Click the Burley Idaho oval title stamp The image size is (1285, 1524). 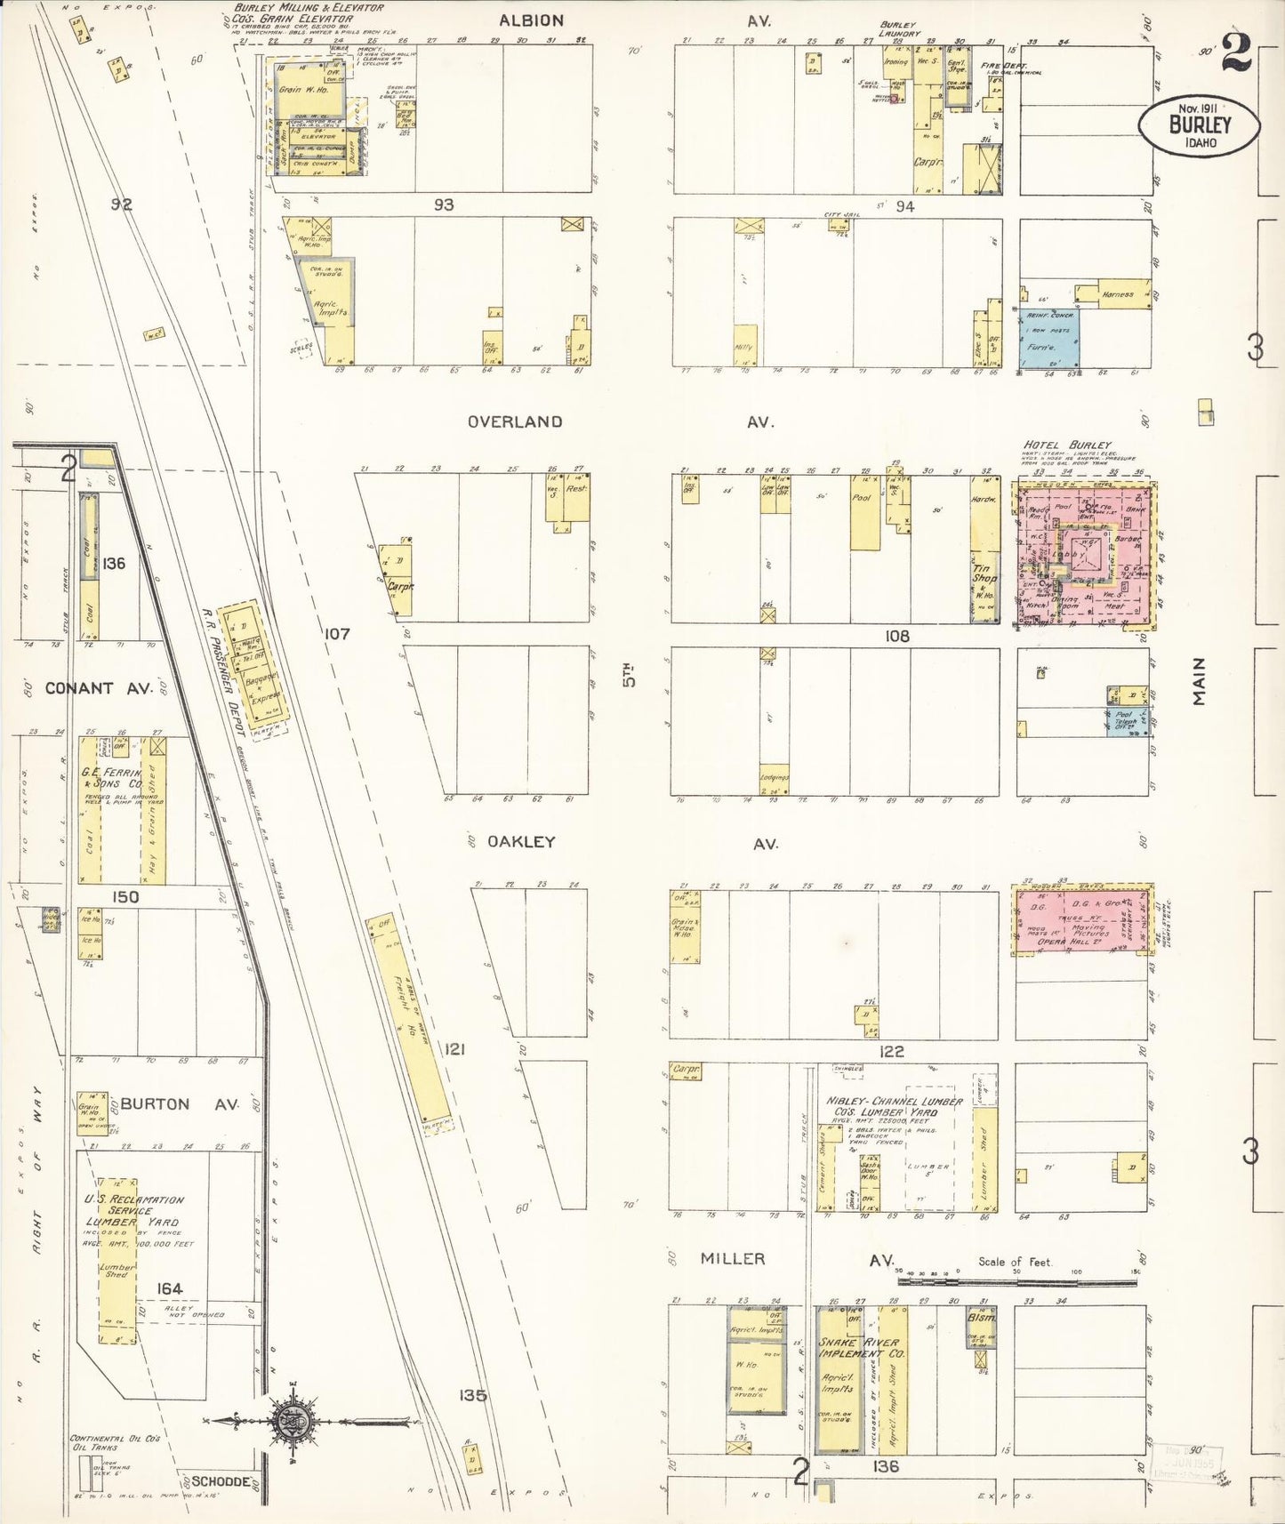tap(1199, 125)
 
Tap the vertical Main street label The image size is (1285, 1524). tap(1200, 682)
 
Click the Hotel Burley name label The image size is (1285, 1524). tap(1067, 445)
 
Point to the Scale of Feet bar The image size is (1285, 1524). tap(1016, 1281)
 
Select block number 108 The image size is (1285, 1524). tap(896, 636)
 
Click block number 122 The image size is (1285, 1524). tap(891, 1051)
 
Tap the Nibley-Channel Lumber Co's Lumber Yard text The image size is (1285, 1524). tap(894, 1106)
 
